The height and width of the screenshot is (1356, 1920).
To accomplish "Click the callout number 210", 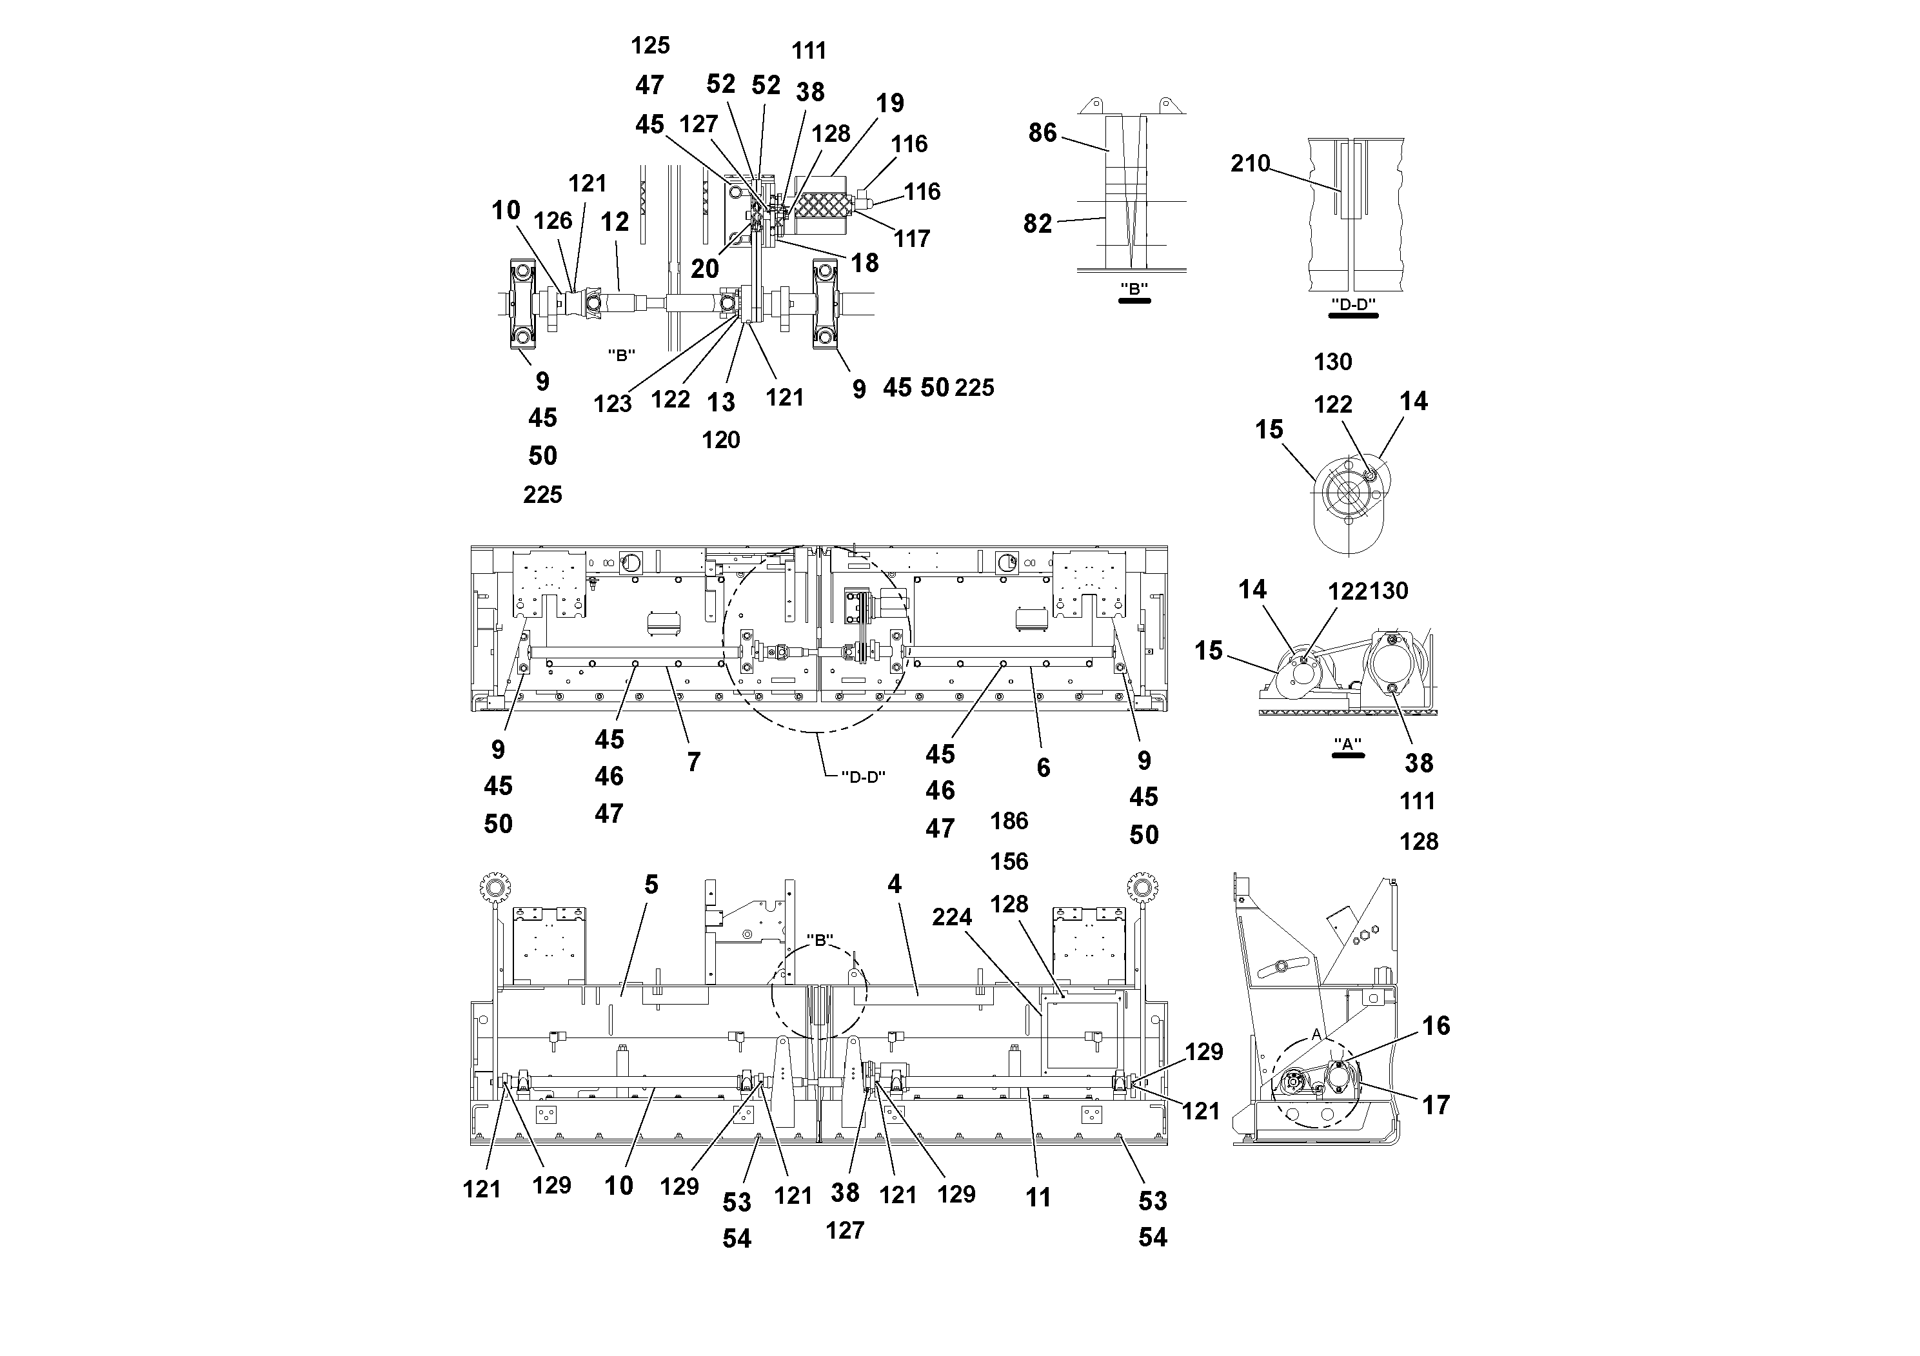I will pyautogui.click(x=1249, y=163).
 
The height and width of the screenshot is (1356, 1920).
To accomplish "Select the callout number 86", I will pyautogui.click(x=1042, y=133).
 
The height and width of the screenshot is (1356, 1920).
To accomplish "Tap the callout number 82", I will pyautogui.click(x=1037, y=223).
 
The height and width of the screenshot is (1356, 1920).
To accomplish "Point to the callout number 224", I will pyautogui.click(x=952, y=917).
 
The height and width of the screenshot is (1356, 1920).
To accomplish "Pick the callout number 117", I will pyautogui.click(x=911, y=239).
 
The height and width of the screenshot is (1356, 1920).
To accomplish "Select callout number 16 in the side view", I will pyautogui.click(x=1436, y=1026).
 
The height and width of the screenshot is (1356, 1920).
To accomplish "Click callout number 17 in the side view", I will pyautogui.click(x=1436, y=1105).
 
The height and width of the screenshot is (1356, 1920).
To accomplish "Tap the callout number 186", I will pyautogui.click(x=1009, y=821).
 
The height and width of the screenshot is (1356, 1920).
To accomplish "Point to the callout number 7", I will pyautogui.click(x=693, y=762).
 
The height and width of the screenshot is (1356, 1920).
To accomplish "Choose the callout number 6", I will pyautogui.click(x=1043, y=767).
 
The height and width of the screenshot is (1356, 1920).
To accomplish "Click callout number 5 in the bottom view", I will pyautogui.click(x=651, y=885).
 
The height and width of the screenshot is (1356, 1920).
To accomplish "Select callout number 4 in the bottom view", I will pyautogui.click(x=894, y=885).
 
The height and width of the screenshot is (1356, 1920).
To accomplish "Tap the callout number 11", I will pyautogui.click(x=1038, y=1198).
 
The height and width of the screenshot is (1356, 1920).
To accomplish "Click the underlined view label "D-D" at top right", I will pyautogui.click(x=1352, y=305).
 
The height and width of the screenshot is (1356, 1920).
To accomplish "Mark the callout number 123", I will pyautogui.click(x=612, y=405).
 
